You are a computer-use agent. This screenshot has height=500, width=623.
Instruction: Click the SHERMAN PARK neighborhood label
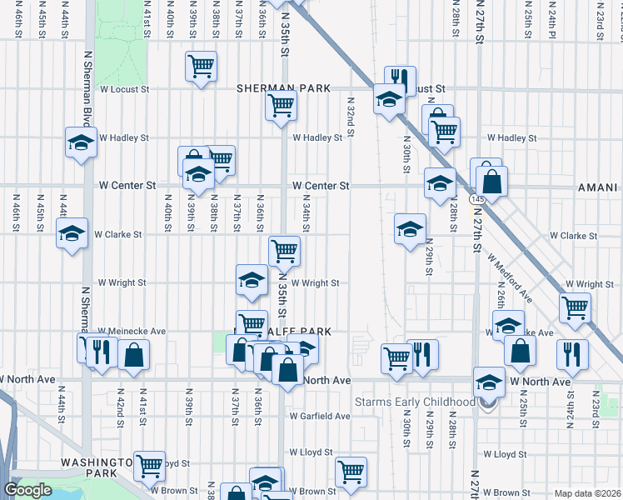tap(283, 87)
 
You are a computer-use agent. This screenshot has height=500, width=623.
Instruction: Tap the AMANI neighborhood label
tap(598, 189)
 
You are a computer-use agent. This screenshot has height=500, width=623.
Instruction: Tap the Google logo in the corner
tap(27, 490)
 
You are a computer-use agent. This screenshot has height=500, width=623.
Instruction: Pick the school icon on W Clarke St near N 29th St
tap(409, 229)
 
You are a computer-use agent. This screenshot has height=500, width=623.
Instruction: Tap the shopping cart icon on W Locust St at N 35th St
tap(281, 106)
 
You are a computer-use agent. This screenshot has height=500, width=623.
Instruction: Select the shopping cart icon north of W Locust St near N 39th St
tap(200, 66)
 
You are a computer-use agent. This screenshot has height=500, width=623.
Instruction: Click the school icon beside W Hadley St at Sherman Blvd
tap(81, 142)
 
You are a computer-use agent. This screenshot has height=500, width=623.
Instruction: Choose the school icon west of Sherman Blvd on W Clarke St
tap(72, 232)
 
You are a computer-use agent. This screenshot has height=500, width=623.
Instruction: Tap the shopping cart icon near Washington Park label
tap(150, 466)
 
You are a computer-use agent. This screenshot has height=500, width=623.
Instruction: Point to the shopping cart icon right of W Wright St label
tap(575, 307)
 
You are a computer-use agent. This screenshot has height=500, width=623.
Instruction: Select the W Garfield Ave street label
tap(320, 416)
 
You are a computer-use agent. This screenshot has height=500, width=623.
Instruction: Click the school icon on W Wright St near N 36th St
tap(251, 282)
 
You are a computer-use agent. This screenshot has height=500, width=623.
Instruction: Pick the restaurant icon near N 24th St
tap(571, 353)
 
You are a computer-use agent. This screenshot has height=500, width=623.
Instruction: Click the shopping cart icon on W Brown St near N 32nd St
tap(351, 472)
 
